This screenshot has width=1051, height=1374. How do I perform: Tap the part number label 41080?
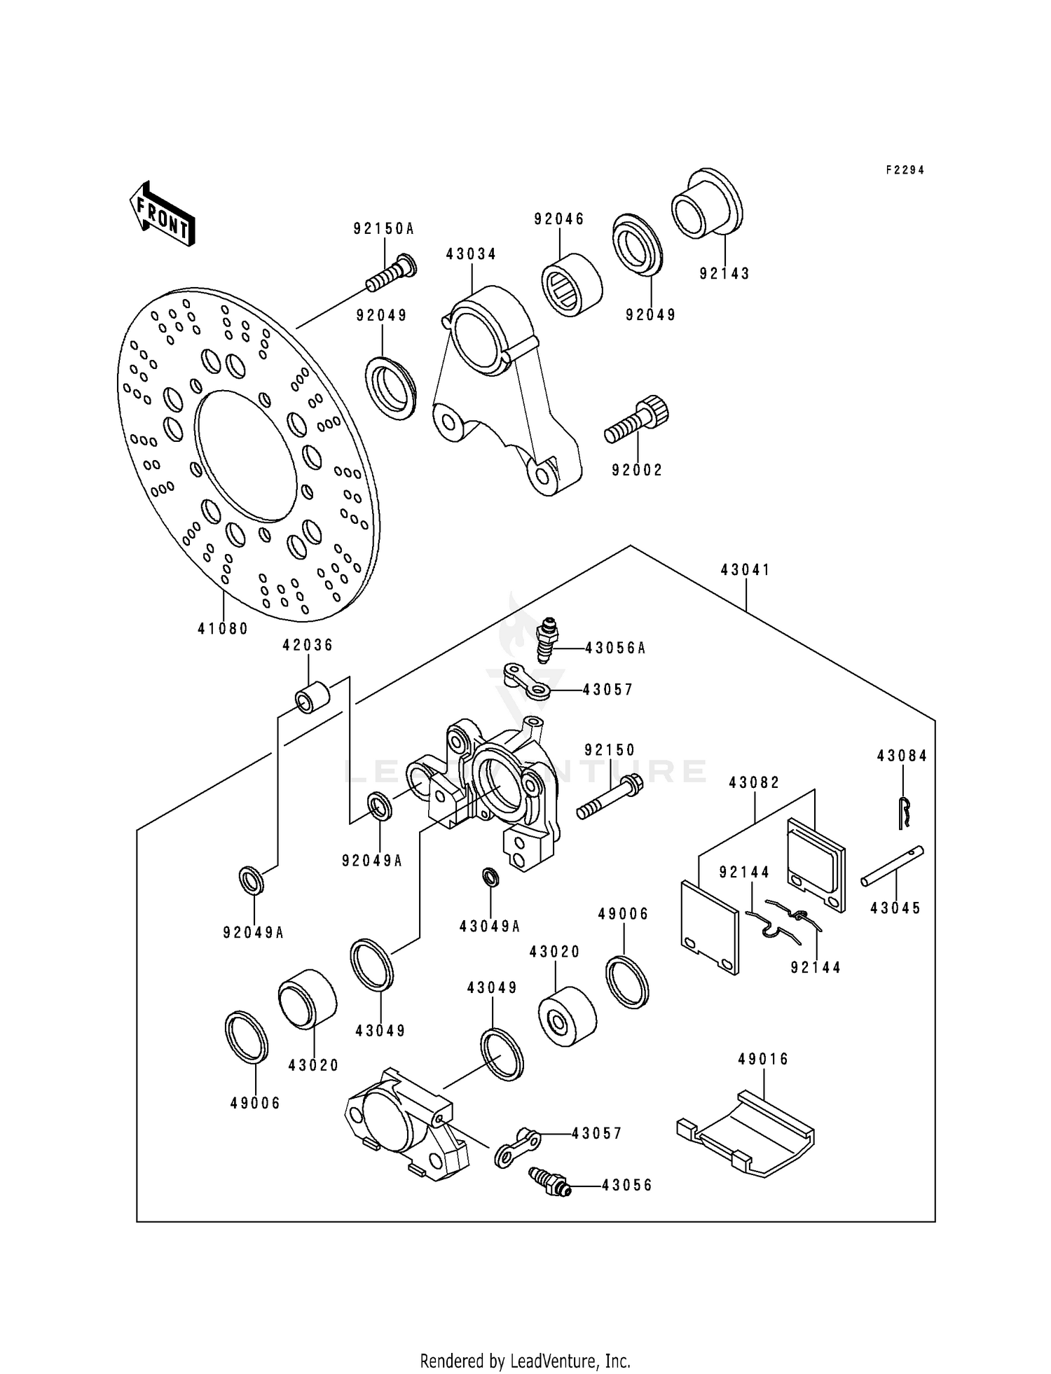[223, 629]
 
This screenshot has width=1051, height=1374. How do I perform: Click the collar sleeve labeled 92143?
[706, 202]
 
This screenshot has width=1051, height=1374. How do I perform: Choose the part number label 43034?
[471, 254]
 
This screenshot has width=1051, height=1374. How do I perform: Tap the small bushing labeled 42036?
[312, 696]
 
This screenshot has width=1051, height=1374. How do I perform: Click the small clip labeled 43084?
[905, 812]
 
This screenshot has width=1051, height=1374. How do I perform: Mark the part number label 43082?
[754, 782]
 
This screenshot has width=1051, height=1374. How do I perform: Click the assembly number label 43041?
[746, 570]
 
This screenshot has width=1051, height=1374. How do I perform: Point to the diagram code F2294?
[905, 170]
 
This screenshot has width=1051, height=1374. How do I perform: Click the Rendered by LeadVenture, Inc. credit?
[525, 1341]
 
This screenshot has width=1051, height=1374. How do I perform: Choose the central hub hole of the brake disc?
[245, 455]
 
